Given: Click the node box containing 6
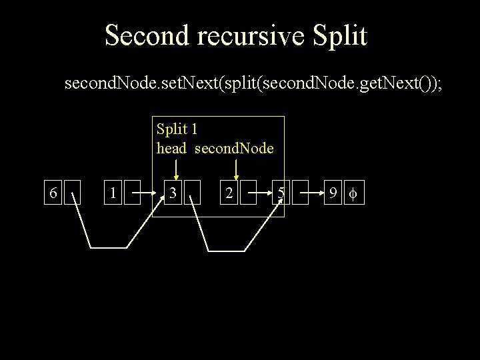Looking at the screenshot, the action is click(x=53, y=193).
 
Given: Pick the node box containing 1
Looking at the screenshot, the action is click(x=114, y=193).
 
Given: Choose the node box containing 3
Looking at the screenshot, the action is click(x=172, y=193).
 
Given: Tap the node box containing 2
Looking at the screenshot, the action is click(x=229, y=193).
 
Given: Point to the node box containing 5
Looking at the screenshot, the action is click(x=282, y=193).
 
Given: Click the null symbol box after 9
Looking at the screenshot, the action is click(x=354, y=193).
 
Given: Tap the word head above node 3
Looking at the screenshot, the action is click(x=171, y=148).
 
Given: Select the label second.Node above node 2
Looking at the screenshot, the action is click(x=234, y=148).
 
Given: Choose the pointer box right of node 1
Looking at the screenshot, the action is click(x=133, y=193).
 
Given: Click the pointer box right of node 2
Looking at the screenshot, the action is click(x=249, y=193).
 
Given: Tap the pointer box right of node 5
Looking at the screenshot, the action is click(x=301, y=193).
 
